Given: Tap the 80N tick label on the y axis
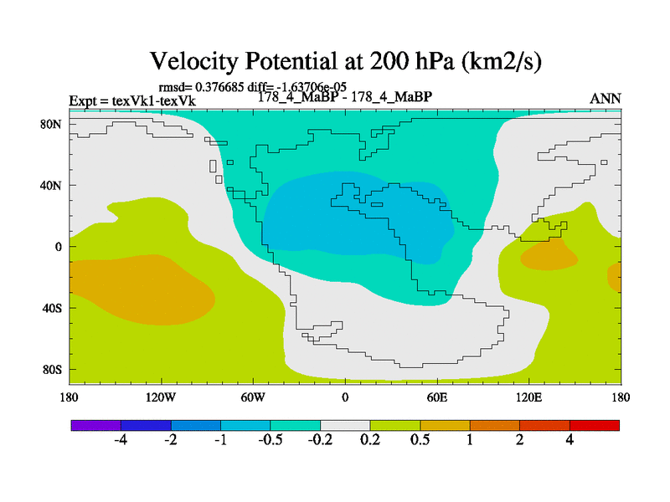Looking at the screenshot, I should click(x=54, y=124).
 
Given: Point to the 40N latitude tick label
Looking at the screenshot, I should click(x=54, y=185).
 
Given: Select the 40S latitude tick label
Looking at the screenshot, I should click(x=54, y=308).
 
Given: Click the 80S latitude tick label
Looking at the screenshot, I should click(x=54, y=369).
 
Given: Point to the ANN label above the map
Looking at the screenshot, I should click(x=606, y=99).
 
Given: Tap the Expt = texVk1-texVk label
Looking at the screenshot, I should click(x=131, y=100).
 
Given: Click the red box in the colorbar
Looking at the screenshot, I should click(x=595, y=425).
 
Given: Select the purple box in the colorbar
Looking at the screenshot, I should click(x=96, y=425).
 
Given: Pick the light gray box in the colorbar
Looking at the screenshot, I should click(x=345, y=425).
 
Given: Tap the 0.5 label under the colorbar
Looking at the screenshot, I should click(x=420, y=442).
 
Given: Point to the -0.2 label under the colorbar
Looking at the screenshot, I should click(x=319, y=442).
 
